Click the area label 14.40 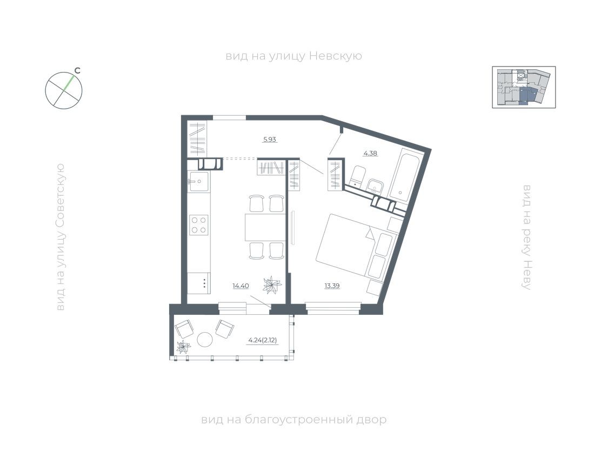(240, 286)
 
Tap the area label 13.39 (332, 286)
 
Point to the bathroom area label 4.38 (370, 153)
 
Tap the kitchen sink (198, 181)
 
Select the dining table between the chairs (265, 227)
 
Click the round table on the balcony (205, 339)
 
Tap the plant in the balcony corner (184, 347)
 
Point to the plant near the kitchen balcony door (272, 285)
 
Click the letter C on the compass (77, 70)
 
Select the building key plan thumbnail (523, 87)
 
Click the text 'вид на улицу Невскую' (293, 56)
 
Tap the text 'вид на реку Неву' (527, 237)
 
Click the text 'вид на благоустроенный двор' (293, 420)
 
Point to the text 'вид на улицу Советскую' (60, 237)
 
